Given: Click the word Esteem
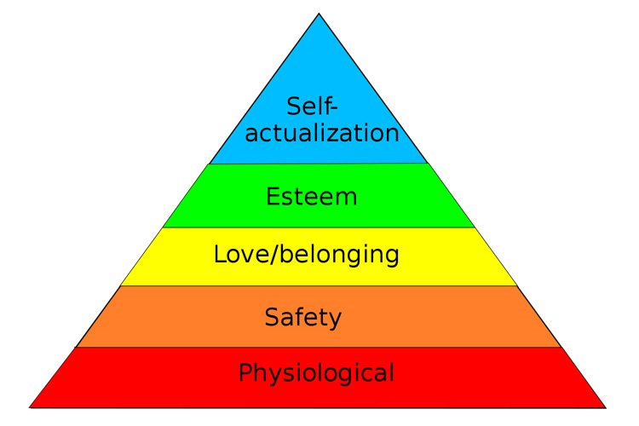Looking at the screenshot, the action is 312,197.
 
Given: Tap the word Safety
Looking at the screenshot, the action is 302,318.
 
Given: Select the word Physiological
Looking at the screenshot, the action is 316,373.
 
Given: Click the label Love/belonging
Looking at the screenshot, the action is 307,255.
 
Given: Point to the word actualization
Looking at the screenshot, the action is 322,132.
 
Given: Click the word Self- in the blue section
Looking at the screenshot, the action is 313,106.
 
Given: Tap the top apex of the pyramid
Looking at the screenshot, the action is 319,14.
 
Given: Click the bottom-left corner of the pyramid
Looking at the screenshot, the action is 29,407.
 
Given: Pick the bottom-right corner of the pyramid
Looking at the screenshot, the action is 606,407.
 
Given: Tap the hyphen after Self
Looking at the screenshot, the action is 333,108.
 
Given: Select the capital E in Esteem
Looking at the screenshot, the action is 272,197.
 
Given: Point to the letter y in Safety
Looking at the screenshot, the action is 333,321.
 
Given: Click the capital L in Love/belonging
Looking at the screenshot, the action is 220,254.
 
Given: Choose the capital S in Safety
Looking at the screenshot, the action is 271,317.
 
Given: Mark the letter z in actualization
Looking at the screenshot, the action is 330,135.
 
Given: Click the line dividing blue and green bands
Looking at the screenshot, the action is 319,164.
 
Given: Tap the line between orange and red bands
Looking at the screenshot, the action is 319,348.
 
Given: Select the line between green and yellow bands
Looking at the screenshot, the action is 319,227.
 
